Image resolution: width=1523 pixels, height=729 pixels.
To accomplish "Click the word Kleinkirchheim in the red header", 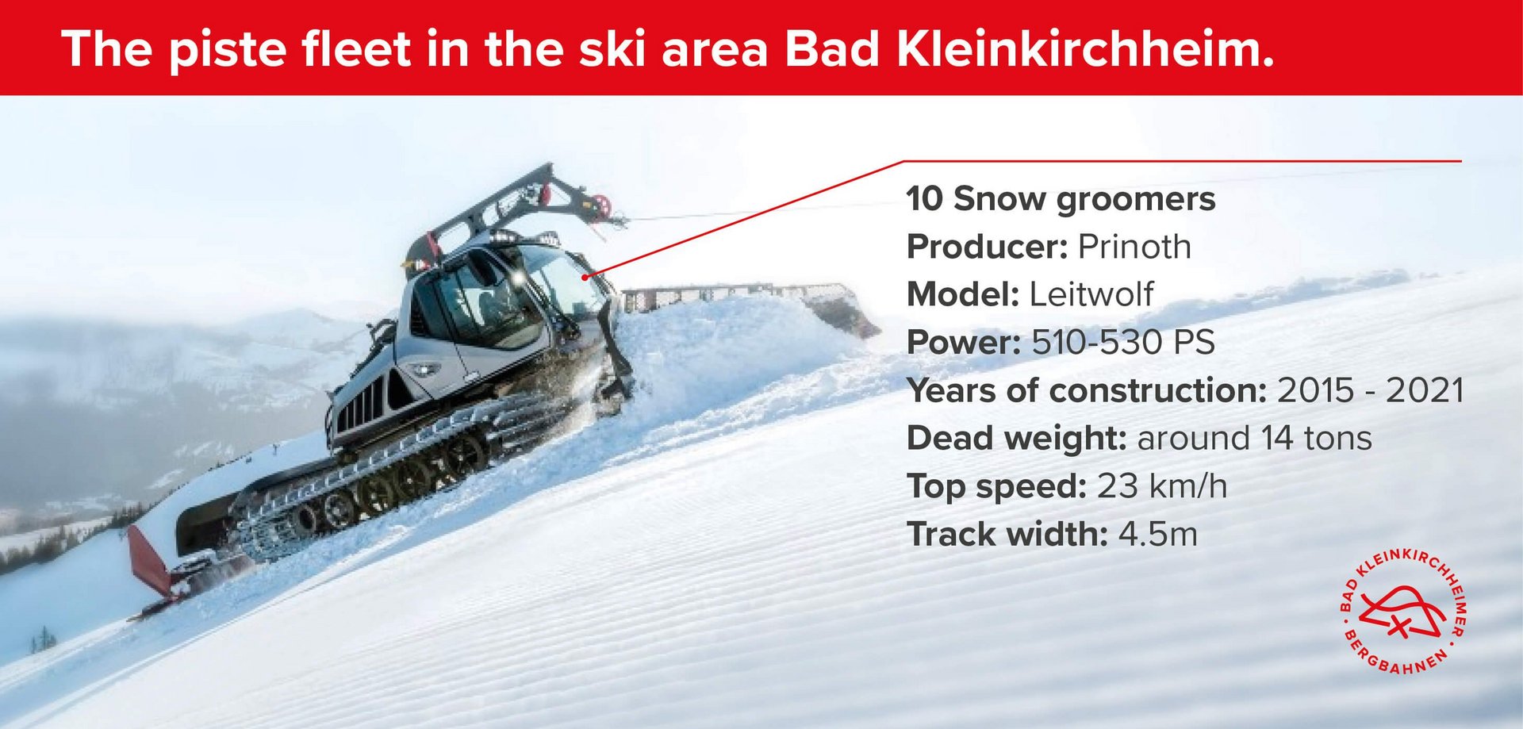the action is tap(1085, 49).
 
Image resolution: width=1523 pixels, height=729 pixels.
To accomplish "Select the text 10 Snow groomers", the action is tap(1061, 199).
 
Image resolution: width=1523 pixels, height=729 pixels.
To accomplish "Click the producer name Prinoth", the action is tap(1134, 247).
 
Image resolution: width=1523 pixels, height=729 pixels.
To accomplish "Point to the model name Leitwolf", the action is tap(1091, 294).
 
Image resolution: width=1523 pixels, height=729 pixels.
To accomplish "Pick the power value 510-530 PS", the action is tap(1123, 343).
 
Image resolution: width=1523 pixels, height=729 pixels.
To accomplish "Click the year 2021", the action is tap(1425, 390).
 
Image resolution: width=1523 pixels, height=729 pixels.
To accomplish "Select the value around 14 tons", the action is tap(1255, 438).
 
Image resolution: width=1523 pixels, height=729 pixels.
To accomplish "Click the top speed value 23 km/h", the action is tap(1162, 486).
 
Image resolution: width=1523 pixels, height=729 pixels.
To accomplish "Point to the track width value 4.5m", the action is tap(1158, 534).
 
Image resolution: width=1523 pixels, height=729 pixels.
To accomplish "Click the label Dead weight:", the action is tap(1017, 439).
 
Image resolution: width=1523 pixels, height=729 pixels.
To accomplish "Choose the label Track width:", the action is tap(1007, 534).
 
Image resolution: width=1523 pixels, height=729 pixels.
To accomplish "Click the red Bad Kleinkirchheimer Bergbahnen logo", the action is tap(1402, 611).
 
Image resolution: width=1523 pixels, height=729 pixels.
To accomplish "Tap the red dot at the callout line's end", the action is tap(585, 277).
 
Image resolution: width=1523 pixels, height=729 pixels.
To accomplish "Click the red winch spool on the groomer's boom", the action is tap(602, 205).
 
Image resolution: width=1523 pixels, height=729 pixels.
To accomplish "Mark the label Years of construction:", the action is tap(1087, 390).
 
